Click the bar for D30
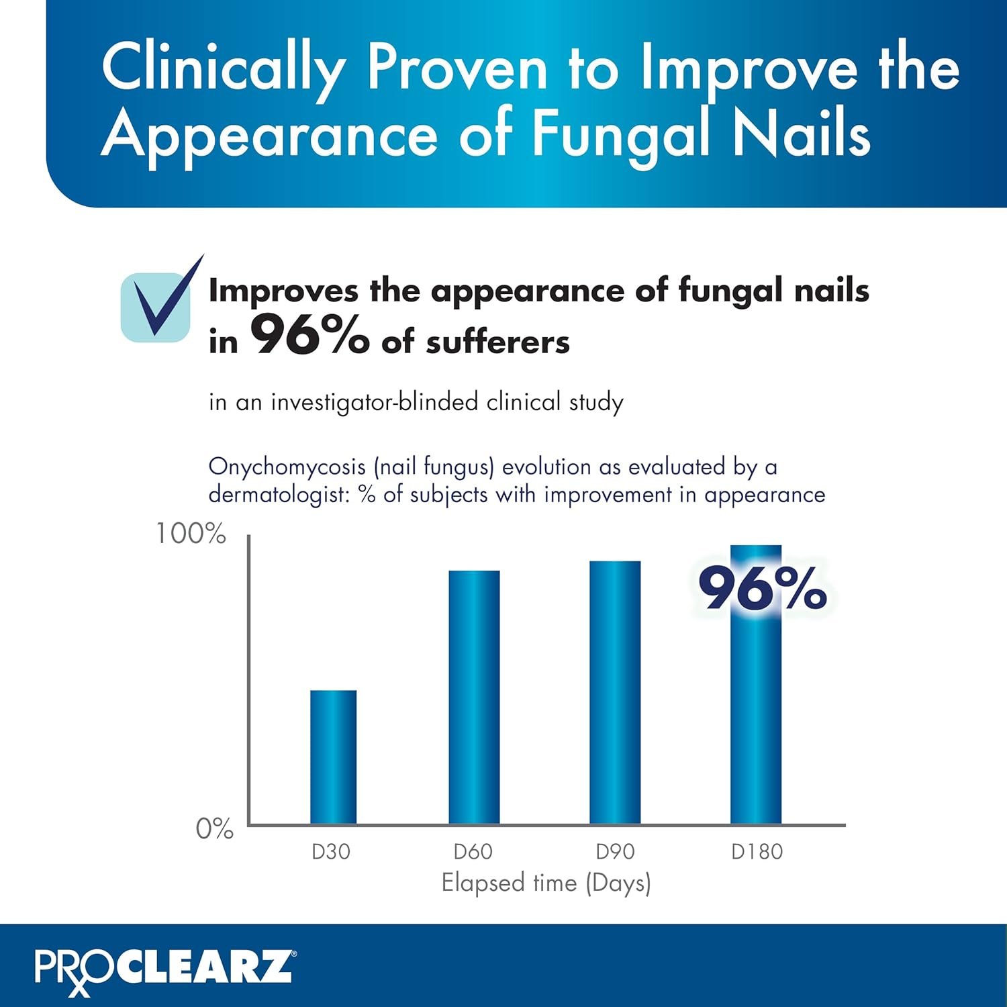333,757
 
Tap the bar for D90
615,692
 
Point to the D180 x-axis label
757,852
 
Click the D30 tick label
331,852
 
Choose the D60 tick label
473,852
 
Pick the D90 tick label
615,852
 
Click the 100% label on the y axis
191,534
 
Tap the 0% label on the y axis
214,829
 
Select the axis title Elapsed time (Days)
546,883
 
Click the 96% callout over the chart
762,589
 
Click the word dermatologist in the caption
280,495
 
